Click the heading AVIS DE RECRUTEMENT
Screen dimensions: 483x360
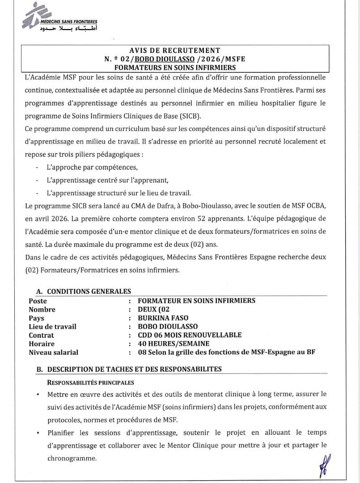pyautogui.click(x=174, y=51)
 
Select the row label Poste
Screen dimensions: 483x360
pyautogui.click(x=38, y=301)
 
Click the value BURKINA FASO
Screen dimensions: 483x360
pyautogui.click(x=164, y=318)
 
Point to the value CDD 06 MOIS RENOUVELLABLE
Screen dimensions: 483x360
pyautogui.click(x=190, y=335)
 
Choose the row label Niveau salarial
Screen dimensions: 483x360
pyautogui.click(x=53, y=352)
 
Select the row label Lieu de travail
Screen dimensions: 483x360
pyautogui.click(x=52, y=326)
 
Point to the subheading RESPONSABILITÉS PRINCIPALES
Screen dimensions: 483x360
pyautogui.click(x=90, y=383)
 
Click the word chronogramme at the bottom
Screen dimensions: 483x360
pyautogui.click(x=71, y=459)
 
